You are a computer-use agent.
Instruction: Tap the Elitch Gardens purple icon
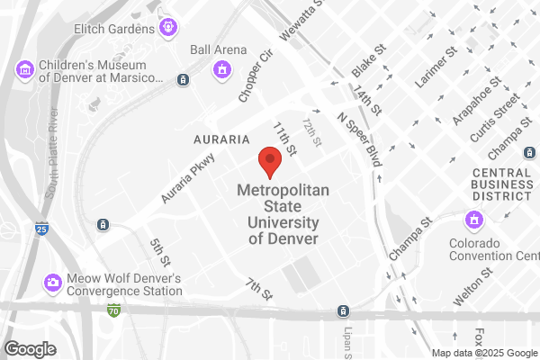(x=167, y=29)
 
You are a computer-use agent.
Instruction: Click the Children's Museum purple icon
(x=24, y=68)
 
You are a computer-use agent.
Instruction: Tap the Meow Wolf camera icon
(x=53, y=283)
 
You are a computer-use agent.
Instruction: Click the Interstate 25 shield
(x=42, y=229)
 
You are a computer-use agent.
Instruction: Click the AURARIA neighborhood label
(x=221, y=140)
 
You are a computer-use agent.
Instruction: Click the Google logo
(x=31, y=348)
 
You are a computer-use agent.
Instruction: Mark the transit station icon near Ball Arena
(x=184, y=80)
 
